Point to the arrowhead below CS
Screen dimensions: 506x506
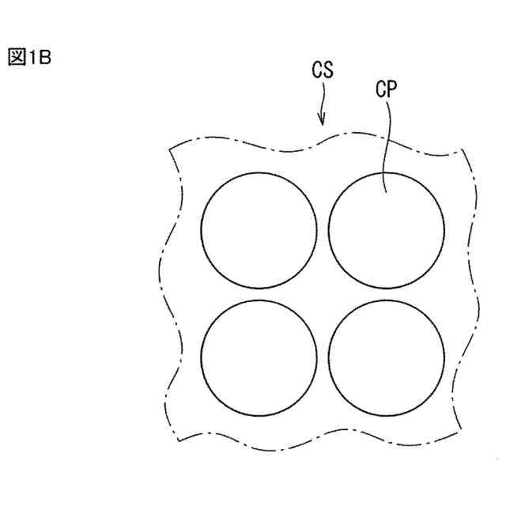322,121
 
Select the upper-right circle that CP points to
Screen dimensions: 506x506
386,230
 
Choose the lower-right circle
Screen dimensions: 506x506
386,357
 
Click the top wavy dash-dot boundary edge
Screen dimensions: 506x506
316,150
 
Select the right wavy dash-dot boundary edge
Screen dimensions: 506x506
474,293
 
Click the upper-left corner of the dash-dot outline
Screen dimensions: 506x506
170,147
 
